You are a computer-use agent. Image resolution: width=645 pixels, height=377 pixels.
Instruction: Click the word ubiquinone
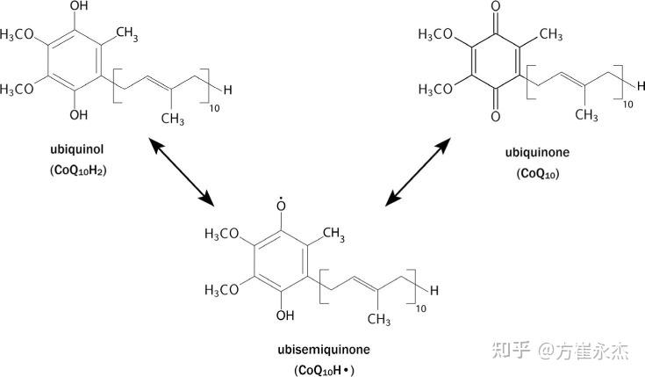tap(537, 152)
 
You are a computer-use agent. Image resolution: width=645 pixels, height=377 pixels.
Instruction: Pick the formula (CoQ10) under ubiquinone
tap(537, 174)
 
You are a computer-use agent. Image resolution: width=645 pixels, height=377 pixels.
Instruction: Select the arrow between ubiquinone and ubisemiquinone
tap(431, 171)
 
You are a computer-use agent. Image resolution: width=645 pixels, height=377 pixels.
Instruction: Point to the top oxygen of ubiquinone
tap(496, 11)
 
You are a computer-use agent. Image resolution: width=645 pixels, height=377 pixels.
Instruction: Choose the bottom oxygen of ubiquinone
tap(496, 114)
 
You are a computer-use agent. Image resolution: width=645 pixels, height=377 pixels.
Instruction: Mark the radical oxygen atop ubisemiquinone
tap(281, 207)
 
